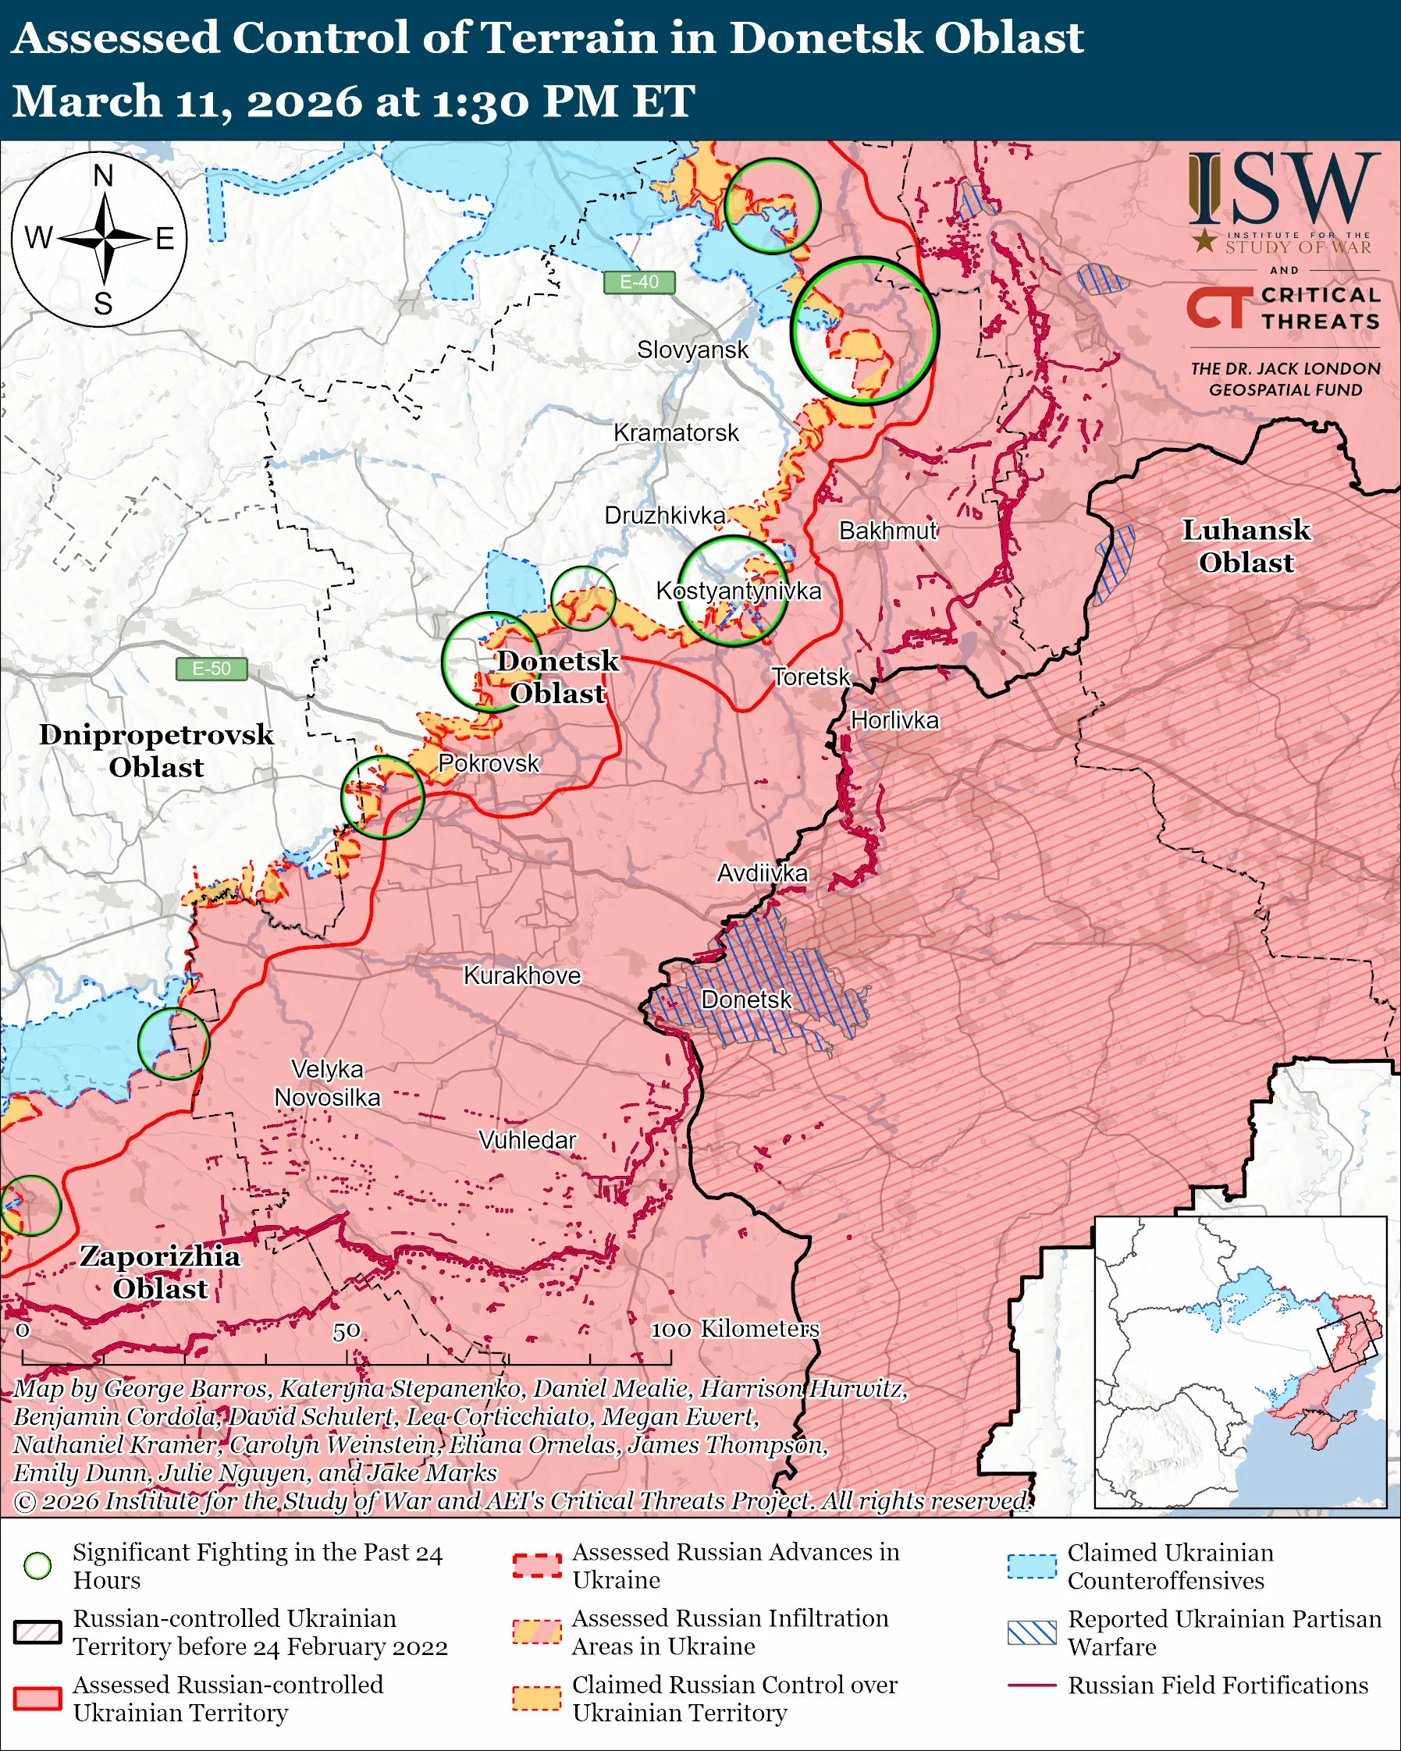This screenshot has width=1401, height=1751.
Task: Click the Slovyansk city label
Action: [x=692, y=350]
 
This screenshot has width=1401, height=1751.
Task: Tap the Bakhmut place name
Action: [x=887, y=531]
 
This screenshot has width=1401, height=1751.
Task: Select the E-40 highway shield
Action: [x=639, y=282]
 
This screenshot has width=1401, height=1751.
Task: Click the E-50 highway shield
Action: [x=212, y=669]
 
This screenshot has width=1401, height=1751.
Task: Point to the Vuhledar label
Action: [x=527, y=1140]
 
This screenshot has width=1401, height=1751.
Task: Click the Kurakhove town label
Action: [x=522, y=975]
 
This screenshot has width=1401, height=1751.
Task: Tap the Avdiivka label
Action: [x=762, y=873]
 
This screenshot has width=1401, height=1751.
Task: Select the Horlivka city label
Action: [x=894, y=720]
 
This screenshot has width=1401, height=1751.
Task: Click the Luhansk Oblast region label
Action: [x=1246, y=545]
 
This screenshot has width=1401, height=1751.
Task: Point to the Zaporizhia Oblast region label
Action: [x=160, y=1272]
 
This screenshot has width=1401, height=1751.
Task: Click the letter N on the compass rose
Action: [x=103, y=176]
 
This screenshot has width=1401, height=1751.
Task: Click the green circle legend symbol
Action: [x=38, y=1565]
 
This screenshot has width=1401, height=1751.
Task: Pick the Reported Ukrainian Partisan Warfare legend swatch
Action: [x=1032, y=1632]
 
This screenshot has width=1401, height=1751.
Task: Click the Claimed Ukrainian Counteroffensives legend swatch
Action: [x=1032, y=1566]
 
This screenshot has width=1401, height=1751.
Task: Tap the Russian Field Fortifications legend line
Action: [x=1032, y=1685]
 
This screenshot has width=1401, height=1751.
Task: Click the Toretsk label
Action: [x=809, y=677]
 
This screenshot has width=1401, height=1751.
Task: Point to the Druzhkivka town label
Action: [x=664, y=516]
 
